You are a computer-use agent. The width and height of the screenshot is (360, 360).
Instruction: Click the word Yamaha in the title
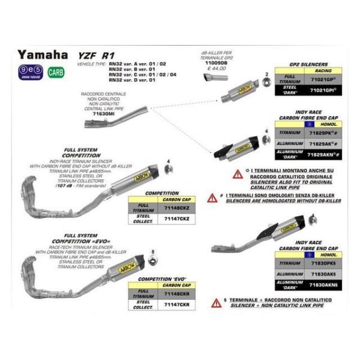click(x=42, y=55)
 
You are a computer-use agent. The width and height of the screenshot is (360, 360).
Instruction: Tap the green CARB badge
click(x=56, y=73)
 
